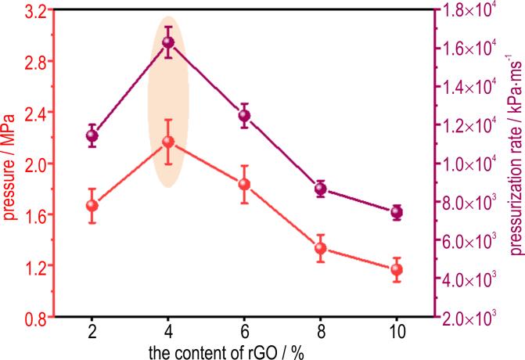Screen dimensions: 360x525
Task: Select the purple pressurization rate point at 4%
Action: (168, 43)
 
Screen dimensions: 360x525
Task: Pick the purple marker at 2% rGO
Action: (92, 135)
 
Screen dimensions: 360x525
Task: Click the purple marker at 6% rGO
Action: (244, 116)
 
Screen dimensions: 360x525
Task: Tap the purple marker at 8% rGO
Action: (320, 189)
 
